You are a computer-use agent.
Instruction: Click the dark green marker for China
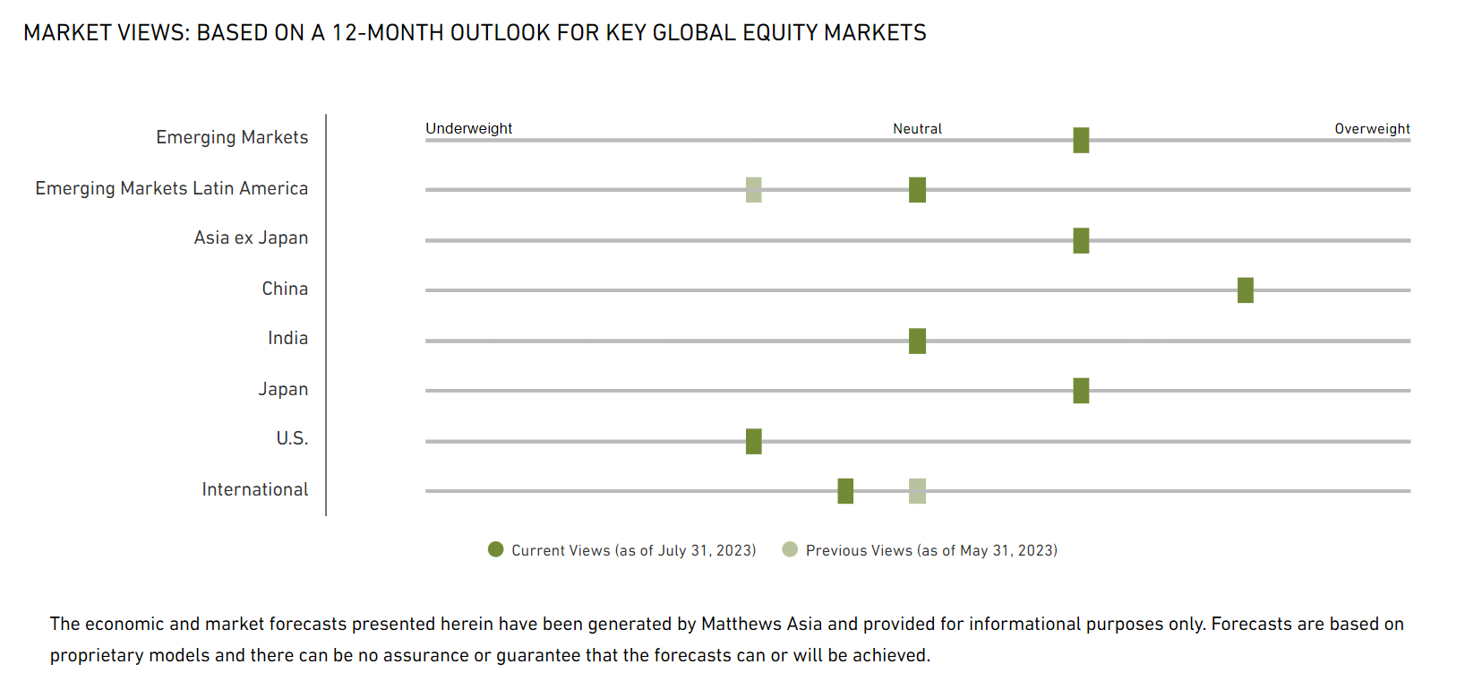tap(1245, 290)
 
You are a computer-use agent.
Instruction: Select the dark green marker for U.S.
tap(754, 441)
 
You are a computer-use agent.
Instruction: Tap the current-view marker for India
tap(917, 341)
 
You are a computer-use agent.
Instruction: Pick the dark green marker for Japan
tap(1081, 391)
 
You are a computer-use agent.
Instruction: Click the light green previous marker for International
tap(917, 491)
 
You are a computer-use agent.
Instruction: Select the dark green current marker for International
tap(845, 491)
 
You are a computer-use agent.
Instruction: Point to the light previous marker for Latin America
tap(754, 190)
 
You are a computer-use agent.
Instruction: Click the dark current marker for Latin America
tap(917, 190)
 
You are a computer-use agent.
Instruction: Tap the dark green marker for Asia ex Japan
tap(1081, 240)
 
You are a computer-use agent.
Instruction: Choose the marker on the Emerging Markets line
tap(1081, 140)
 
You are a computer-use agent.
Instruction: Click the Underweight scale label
tap(468, 128)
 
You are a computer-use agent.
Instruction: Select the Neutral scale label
tap(917, 128)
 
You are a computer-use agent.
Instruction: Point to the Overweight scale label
tap(1372, 128)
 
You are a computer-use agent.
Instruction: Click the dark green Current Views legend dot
tap(495, 549)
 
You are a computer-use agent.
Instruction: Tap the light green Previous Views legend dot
tap(790, 549)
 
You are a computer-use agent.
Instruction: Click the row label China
tap(285, 289)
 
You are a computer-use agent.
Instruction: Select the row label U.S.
tap(292, 438)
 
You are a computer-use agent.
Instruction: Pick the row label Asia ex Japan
tap(251, 237)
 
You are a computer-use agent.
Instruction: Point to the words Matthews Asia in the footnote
tap(757, 624)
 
